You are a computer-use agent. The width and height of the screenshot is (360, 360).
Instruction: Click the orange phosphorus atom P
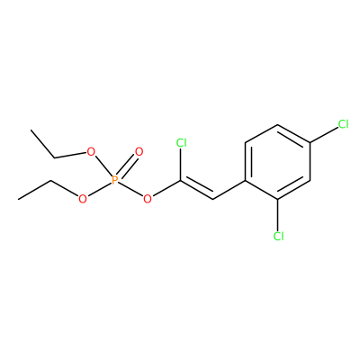pos(114,180)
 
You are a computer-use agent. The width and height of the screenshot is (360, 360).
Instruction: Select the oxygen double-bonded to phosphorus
pos(139,152)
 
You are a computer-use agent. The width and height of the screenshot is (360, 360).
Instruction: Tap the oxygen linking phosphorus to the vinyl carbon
pos(148,199)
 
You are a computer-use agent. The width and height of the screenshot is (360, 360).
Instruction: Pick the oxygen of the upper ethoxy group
pos(91,152)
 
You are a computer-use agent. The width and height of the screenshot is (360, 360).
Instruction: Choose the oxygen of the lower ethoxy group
pos(82,199)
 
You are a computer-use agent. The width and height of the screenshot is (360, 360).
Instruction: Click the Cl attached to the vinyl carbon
pos(181,143)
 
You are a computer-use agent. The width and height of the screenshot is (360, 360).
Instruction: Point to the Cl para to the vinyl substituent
pos(343,124)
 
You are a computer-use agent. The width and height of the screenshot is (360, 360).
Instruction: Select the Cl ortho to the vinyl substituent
pos(278,237)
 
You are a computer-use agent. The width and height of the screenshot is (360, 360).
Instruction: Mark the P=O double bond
pos(127,166)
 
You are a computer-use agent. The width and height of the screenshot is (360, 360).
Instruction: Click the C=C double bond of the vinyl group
pos(196,190)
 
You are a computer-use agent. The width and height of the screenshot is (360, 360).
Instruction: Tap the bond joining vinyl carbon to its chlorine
pos(180,165)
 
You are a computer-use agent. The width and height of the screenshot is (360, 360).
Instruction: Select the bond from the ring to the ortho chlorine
pos(278,215)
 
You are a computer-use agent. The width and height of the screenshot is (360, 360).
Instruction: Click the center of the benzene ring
pos(278,162)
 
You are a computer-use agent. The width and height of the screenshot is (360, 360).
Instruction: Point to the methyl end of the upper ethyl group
pos(31,130)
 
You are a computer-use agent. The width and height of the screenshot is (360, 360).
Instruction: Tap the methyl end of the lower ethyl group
pos(19,199)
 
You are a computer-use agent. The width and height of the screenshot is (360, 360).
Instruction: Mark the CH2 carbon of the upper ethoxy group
pos(54,157)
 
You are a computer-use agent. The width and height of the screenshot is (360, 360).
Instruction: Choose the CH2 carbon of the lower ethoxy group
pos(51,181)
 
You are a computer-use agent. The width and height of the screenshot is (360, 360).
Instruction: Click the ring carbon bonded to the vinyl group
pos(246,181)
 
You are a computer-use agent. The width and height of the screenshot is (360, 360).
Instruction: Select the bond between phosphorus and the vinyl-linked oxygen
pos(130,189)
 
